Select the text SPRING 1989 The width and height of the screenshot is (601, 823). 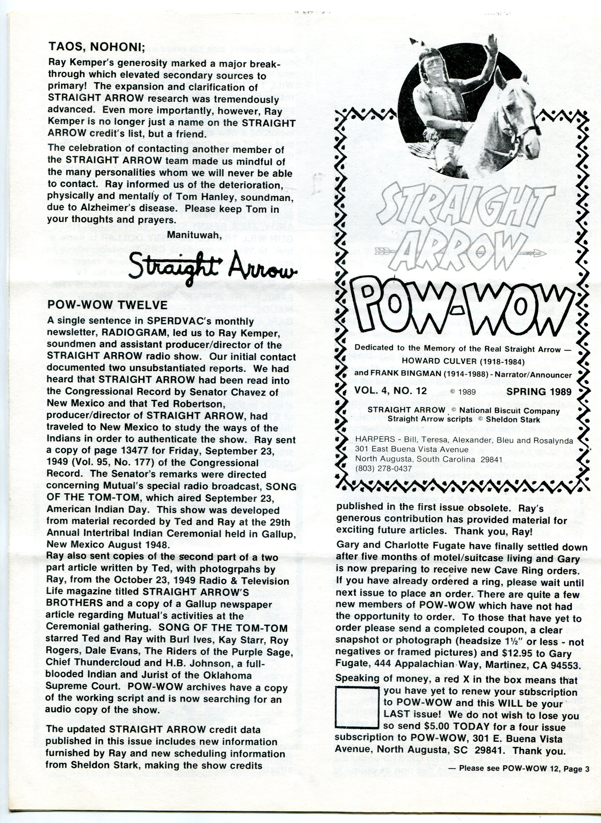[539, 392]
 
